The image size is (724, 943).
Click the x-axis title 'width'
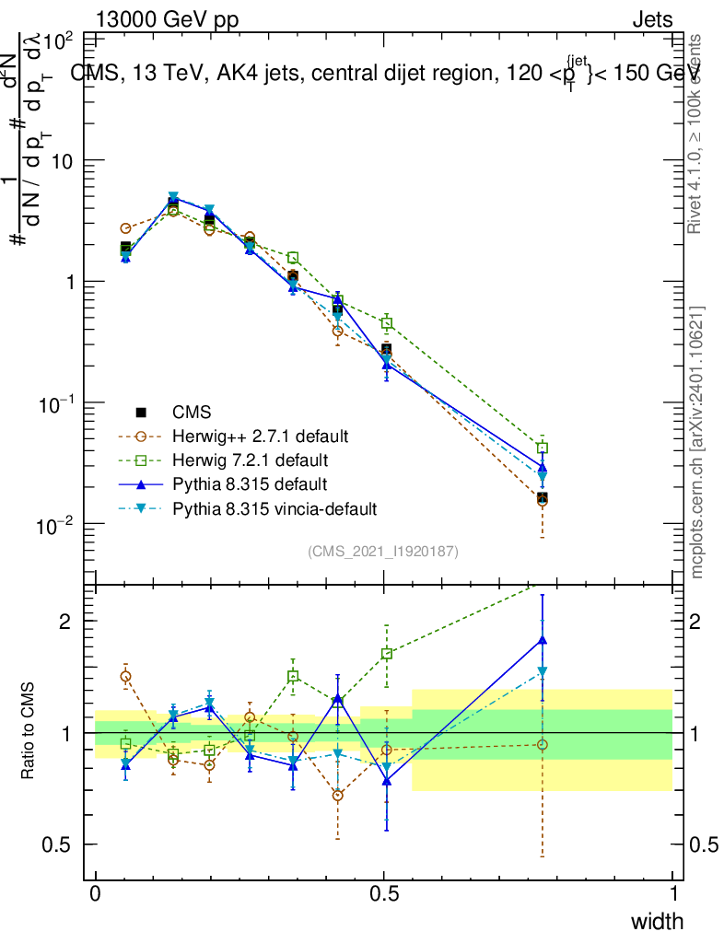point(657,921)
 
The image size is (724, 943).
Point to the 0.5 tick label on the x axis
point(384,894)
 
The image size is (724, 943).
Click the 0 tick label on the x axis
point(95,894)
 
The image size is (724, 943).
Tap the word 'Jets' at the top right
point(652,19)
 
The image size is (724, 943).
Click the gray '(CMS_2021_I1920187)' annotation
point(383,551)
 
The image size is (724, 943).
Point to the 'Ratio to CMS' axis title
point(28,732)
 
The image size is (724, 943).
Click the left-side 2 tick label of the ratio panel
point(66,622)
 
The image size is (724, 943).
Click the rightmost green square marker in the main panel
point(543,448)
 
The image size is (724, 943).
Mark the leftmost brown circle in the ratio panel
point(125,676)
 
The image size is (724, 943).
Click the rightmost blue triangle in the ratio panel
point(543,639)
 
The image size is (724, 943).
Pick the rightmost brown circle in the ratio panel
point(543,744)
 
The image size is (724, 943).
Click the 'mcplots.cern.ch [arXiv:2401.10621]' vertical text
point(697,442)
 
